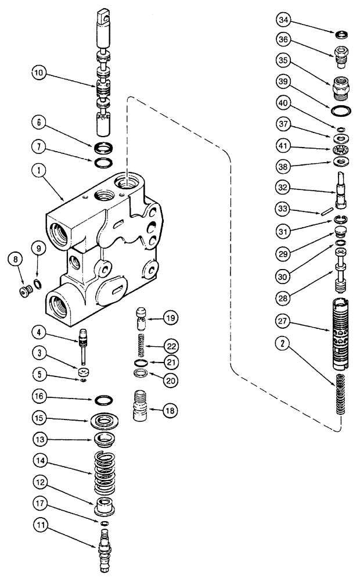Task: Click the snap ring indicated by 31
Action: tap(340, 220)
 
